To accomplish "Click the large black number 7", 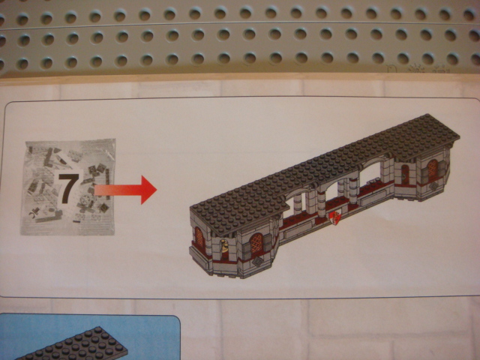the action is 68,188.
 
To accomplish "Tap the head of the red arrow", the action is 148,190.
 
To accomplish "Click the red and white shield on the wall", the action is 336,218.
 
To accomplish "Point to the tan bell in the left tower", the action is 224,246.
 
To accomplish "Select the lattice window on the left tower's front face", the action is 256,243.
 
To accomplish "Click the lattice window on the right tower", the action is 432,169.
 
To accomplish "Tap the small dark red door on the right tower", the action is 405,175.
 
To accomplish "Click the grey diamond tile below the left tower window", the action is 258,262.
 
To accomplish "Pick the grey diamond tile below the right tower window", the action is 433,186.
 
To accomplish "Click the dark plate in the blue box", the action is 73,344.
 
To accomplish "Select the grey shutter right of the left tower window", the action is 268,242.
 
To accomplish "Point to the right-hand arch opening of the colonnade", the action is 370,174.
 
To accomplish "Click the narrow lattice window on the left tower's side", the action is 199,237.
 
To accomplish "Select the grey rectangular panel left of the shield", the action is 298,229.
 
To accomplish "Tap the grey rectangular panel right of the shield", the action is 374,199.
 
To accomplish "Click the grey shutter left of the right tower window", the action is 425,176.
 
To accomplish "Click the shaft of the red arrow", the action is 118,190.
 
